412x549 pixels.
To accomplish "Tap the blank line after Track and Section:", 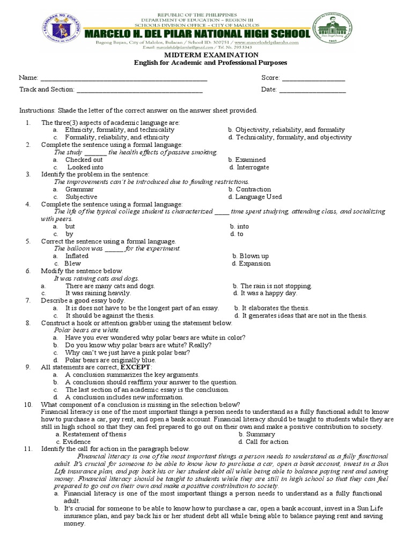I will point(142,90).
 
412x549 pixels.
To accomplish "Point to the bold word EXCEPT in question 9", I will point(136,367).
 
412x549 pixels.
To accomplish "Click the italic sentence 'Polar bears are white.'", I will point(87,330).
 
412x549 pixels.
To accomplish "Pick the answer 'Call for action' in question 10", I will point(267,442).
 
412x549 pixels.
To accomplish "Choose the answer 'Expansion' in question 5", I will point(255,264).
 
